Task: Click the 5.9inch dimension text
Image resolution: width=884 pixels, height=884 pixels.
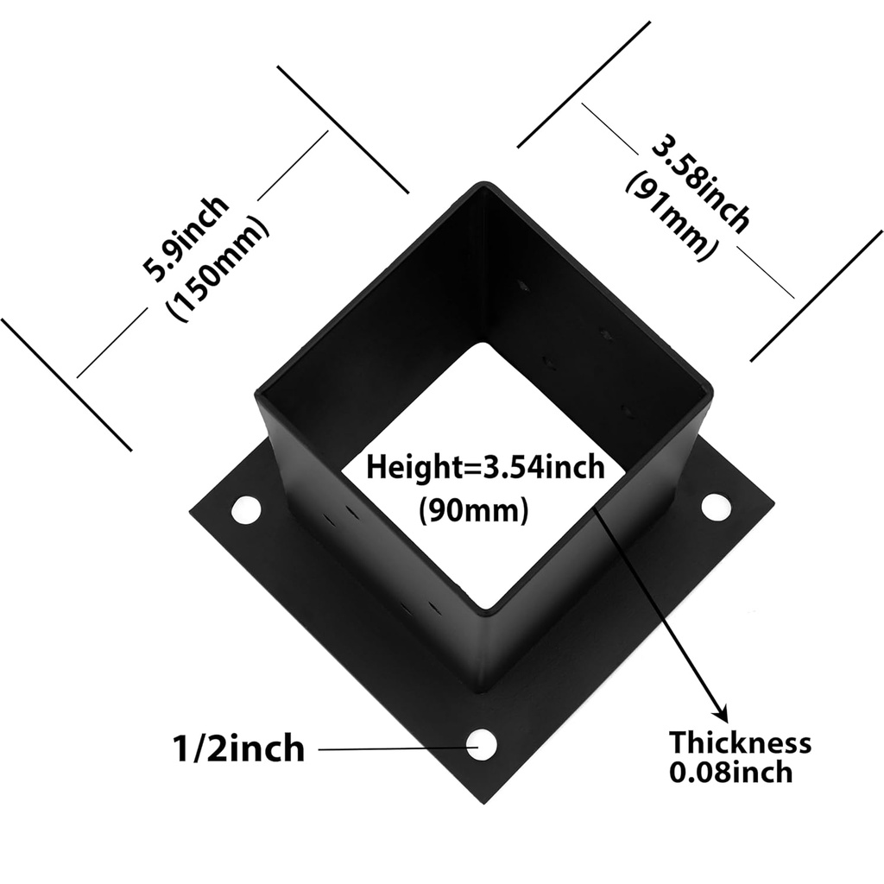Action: pyautogui.click(x=186, y=239)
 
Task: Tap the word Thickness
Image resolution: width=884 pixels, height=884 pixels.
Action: pyautogui.click(x=741, y=742)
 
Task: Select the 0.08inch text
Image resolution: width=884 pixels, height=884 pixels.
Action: pyautogui.click(x=730, y=771)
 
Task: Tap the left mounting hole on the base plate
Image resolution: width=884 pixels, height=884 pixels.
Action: pyautogui.click(x=245, y=509)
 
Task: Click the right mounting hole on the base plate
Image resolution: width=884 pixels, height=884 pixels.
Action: pyautogui.click(x=716, y=508)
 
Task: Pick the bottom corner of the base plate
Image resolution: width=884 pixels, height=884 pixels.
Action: pyautogui.click(x=480, y=803)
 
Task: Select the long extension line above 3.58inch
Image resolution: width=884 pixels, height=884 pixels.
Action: pyautogui.click(x=584, y=84)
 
